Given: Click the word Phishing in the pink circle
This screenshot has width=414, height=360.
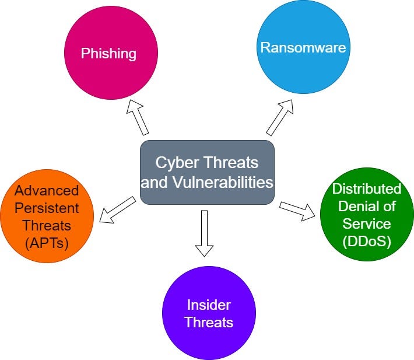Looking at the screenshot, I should coord(108,54).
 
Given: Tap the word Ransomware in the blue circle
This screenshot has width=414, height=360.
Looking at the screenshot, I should coord(303,47).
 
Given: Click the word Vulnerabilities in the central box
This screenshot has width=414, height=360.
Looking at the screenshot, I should coord(223,182).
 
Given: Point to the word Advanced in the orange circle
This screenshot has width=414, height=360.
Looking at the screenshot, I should coord(47,190).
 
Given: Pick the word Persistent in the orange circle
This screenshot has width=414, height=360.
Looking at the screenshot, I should coord(47,208).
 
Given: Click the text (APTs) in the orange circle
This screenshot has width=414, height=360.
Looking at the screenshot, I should coord(47,242).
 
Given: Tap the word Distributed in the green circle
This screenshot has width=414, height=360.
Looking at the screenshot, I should coord(367,189).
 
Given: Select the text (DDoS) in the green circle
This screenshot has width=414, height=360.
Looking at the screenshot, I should coord(367,241).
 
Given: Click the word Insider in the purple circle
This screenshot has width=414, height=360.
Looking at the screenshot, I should coord(209,305).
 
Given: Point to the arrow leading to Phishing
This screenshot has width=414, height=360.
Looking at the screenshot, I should coord(138,117).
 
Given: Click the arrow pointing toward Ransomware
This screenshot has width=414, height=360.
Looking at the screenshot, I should coord(280,116).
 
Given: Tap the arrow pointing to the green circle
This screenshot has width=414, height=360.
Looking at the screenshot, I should coord(297,211).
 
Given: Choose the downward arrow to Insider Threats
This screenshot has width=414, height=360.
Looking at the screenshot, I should coord(204,233).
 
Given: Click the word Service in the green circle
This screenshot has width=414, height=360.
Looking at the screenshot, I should coord(367,223).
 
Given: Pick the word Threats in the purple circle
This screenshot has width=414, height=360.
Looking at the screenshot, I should coord(209,322).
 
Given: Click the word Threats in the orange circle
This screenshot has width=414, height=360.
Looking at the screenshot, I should coord(47,225).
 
